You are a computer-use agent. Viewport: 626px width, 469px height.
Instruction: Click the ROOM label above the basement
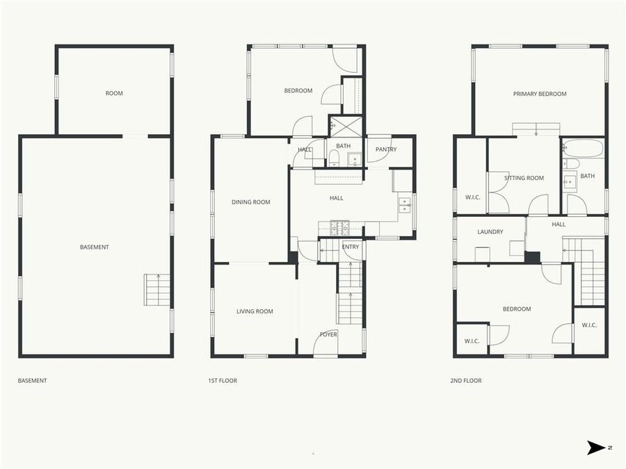[114, 94]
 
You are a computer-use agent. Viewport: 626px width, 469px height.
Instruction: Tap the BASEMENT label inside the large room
[95, 247]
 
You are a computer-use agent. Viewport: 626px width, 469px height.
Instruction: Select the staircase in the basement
[157, 290]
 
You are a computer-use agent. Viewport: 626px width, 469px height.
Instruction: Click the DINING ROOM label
[250, 203]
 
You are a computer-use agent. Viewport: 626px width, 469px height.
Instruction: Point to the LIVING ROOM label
[255, 312]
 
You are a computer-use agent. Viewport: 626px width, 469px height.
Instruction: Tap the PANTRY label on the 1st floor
[385, 149]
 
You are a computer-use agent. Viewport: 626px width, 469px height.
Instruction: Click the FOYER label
[328, 335]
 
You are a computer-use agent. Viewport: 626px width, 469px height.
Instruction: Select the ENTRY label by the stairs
[351, 247]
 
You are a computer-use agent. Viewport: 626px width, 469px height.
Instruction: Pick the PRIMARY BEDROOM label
[540, 94]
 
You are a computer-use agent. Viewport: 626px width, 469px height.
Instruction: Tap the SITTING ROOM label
[524, 179]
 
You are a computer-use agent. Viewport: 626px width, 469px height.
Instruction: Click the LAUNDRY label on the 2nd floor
[490, 232]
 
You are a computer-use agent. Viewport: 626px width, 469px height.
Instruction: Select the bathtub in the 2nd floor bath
[583, 149]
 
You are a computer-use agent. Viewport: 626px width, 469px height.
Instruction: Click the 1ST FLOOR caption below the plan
[223, 381]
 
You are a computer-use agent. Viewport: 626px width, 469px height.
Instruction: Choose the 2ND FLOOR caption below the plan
[466, 381]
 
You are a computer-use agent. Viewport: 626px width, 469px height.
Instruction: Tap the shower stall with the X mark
[346, 126]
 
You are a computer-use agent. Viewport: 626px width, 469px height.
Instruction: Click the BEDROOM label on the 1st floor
[298, 91]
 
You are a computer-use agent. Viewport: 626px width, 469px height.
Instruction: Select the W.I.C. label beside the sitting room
[473, 197]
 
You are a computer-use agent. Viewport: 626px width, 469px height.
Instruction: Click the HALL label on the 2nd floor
[559, 224]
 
